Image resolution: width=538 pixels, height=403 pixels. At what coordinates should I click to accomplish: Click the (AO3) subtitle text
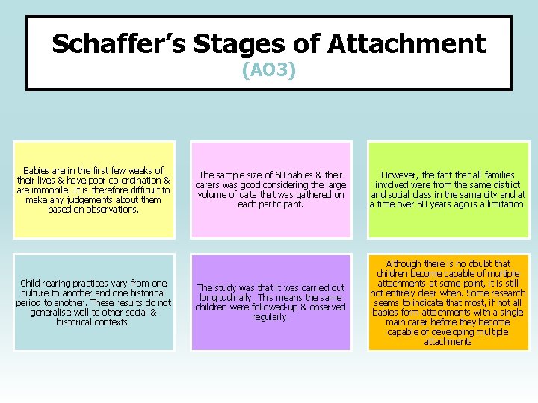[x=269, y=71]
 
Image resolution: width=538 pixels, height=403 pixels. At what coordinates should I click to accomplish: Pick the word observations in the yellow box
[x=112, y=210]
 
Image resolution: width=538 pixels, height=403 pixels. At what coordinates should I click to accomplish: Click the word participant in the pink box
[x=278, y=204]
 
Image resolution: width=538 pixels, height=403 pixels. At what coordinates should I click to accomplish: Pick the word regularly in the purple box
[x=270, y=317]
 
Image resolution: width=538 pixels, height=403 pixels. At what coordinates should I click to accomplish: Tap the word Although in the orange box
[x=404, y=264]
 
